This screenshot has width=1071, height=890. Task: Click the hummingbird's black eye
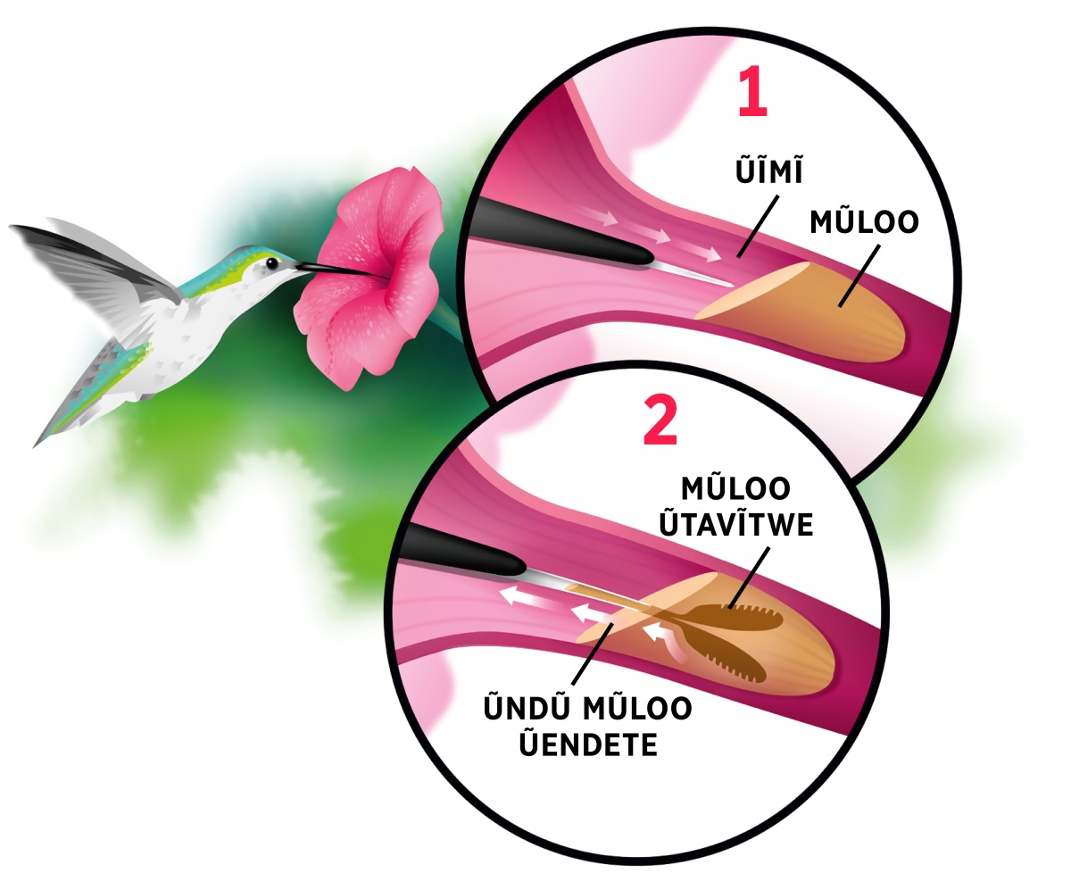(x=272, y=263)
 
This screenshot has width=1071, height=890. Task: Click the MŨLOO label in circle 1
(x=864, y=222)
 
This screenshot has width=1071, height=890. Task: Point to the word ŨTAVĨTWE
(x=736, y=524)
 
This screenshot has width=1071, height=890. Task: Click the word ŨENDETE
(x=588, y=744)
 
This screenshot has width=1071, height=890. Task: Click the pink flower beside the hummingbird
(x=369, y=278)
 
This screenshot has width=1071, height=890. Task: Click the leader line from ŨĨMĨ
(x=758, y=226)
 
